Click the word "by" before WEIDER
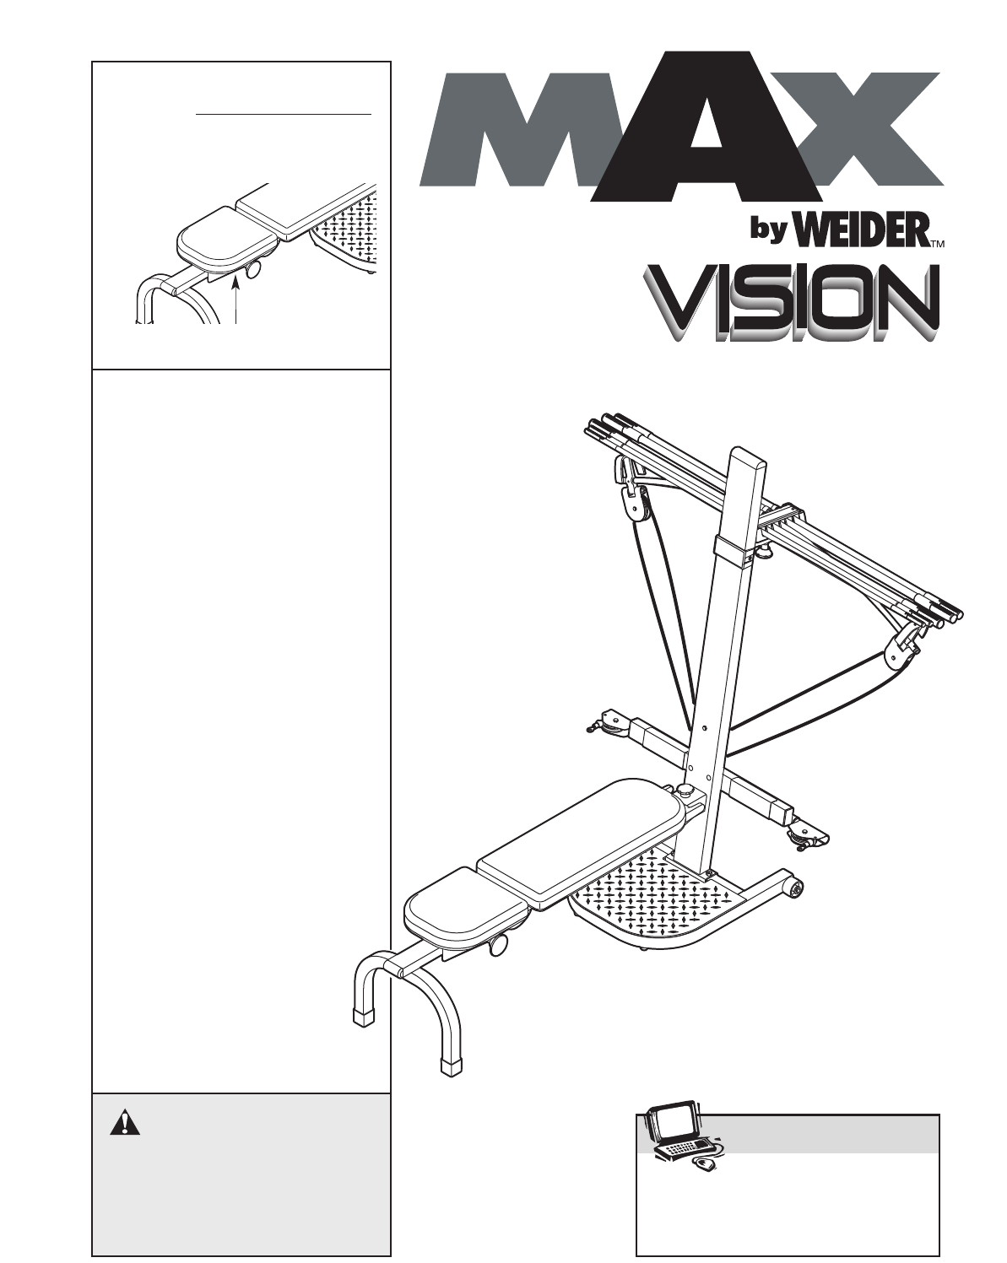coord(767,232)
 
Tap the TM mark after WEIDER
coord(936,245)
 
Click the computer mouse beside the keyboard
coord(705,1165)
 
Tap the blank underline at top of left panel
coord(283,112)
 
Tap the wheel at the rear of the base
coord(793,888)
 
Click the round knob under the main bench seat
coord(498,945)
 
